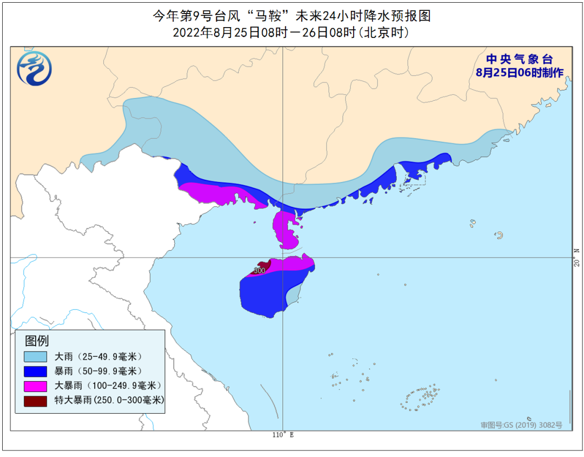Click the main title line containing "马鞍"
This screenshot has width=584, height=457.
click(x=292, y=16)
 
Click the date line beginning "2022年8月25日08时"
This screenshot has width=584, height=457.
click(x=292, y=32)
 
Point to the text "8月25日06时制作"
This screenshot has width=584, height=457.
click(x=520, y=73)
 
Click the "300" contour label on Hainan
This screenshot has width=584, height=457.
click(x=260, y=270)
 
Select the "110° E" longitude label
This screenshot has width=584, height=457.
click(x=282, y=435)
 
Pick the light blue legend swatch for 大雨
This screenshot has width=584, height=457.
click(x=35, y=356)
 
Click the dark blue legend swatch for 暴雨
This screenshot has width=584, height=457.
click(x=35, y=371)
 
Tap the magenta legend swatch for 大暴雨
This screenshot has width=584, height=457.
click(x=35, y=386)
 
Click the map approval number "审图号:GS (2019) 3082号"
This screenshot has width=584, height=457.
click(x=521, y=425)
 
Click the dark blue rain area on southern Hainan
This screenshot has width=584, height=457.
click(x=265, y=295)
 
